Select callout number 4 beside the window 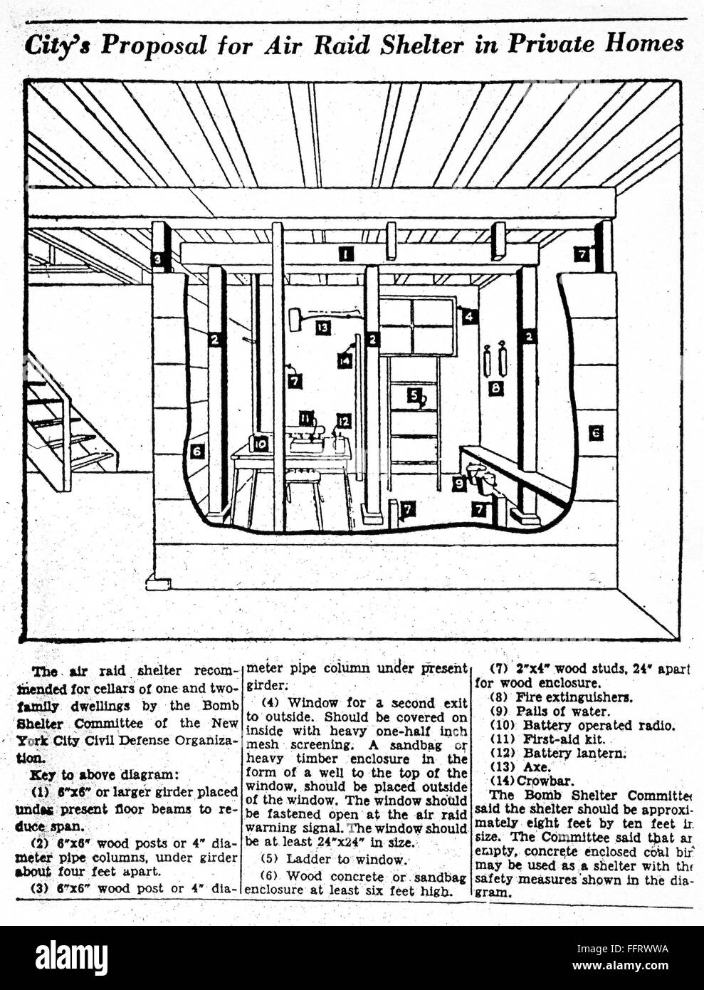tap(470, 316)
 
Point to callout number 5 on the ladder tap(414, 394)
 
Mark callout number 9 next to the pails tap(460, 484)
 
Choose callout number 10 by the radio tap(261, 443)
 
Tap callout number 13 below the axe tap(324, 327)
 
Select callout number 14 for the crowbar tap(345, 360)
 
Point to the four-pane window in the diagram tap(417, 326)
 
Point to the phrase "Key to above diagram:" tap(88, 773)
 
